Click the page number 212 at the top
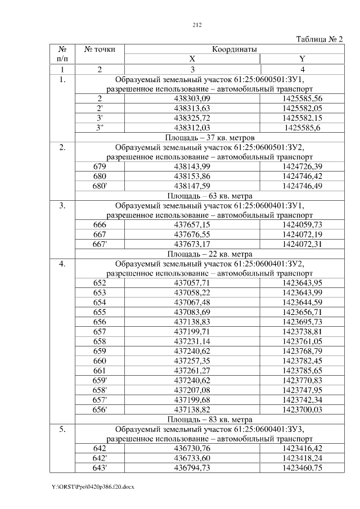(197, 25)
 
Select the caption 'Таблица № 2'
(319, 39)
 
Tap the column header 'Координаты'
(235, 49)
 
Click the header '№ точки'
(100, 49)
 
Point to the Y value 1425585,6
(309, 128)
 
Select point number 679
(100, 166)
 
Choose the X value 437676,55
(192, 234)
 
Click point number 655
(100, 312)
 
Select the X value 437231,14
(192, 341)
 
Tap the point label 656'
(100, 409)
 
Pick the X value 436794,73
(192, 467)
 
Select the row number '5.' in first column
(63, 429)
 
